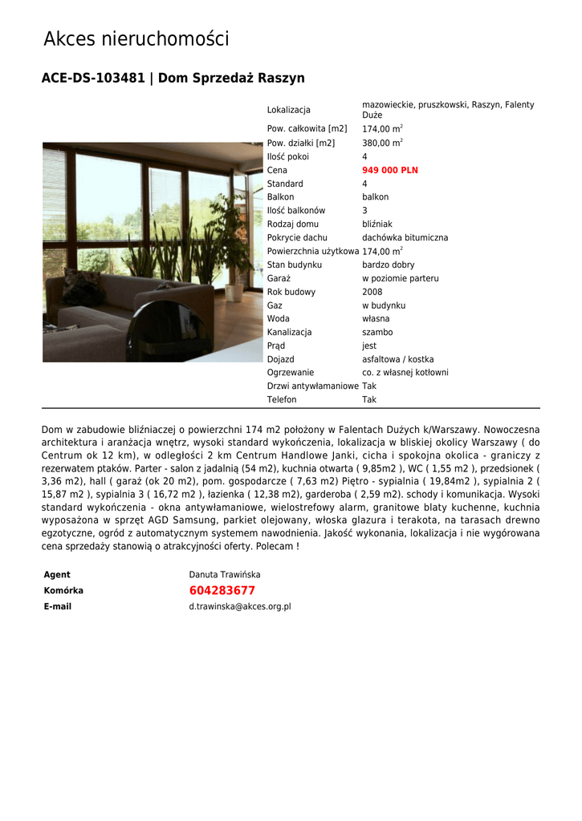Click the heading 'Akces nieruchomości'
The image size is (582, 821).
(136, 38)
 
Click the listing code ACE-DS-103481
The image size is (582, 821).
(93, 78)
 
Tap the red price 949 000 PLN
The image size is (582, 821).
(389, 170)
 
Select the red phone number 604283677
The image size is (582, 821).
(222, 590)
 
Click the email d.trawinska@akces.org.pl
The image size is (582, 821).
(239, 607)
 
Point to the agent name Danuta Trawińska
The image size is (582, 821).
(224, 575)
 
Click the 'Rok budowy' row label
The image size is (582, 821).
(291, 292)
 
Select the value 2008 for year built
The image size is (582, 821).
(372, 292)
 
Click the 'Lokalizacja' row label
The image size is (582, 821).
(288, 110)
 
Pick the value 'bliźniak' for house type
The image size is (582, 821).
(376, 224)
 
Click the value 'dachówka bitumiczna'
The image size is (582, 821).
(405, 238)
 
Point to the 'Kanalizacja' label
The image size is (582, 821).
(289, 332)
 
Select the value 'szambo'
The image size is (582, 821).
(377, 332)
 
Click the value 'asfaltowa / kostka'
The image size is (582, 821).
(397, 359)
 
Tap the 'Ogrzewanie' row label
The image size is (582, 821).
(290, 373)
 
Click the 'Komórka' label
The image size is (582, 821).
(63, 591)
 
